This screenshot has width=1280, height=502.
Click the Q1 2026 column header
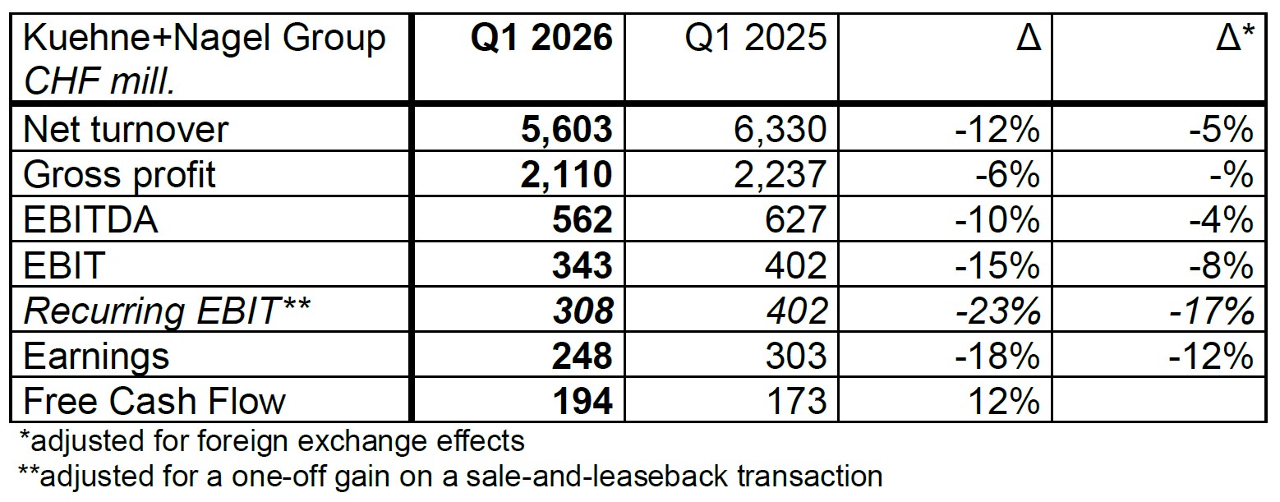(x=541, y=39)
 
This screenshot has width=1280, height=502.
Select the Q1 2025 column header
(x=756, y=39)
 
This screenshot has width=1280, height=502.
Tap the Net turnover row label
(x=127, y=129)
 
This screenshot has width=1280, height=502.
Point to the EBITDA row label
(x=91, y=219)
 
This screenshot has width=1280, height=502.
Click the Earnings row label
(x=97, y=356)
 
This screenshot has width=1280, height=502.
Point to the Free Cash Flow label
(x=154, y=401)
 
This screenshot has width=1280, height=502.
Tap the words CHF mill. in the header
(x=99, y=81)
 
